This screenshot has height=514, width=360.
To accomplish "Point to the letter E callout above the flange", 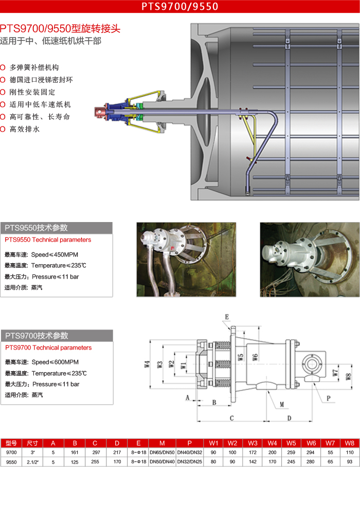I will [x=227, y=316].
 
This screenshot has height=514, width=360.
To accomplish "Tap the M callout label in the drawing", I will [x=281, y=405].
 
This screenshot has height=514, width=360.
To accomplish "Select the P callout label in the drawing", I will [x=328, y=398].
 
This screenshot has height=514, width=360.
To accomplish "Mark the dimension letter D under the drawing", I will [x=289, y=418].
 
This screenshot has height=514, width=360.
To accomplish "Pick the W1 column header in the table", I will [x=214, y=443].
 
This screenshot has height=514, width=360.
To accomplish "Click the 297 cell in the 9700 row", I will [x=95, y=452].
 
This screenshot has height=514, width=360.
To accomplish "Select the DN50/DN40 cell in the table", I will [x=162, y=462].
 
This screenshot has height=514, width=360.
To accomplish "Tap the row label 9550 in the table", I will [x=11, y=462].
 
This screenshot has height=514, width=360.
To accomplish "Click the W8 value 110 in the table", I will [x=350, y=452].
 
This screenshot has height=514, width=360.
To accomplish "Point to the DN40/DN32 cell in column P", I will [x=190, y=452].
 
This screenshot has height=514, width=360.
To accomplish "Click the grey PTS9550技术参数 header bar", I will [x=57, y=228].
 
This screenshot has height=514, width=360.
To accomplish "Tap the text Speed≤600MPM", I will [x=55, y=362].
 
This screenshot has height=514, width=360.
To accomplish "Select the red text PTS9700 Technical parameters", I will [x=48, y=348].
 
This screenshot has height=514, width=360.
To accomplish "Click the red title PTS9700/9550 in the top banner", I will [x=180, y=6].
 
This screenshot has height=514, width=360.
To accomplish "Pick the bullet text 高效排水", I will [x=25, y=129].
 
